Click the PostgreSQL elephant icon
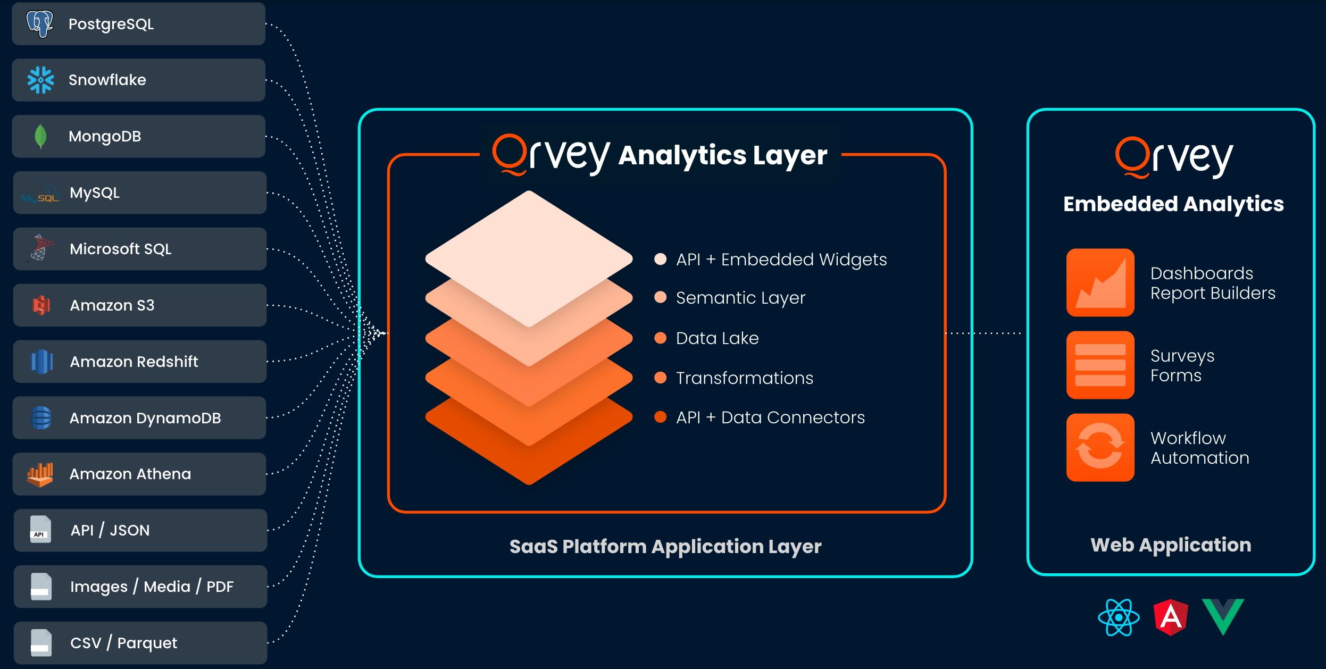(x=40, y=23)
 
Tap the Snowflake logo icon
(x=40, y=80)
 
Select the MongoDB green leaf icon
(x=40, y=136)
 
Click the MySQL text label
(x=95, y=193)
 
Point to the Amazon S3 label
(x=112, y=305)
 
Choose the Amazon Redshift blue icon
(x=41, y=362)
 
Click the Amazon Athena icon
(x=40, y=474)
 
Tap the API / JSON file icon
(x=40, y=530)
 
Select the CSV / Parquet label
(x=123, y=643)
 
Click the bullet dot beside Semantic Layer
(x=660, y=297)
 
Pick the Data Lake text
(x=717, y=338)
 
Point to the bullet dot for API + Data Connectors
(x=660, y=417)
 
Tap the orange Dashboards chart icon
(x=1100, y=282)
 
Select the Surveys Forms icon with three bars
(x=1100, y=365)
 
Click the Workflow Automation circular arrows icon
(x=1100, y=447)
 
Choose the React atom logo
(x=1119, y=617)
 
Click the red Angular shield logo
(x=1171, y=617)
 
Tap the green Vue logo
(x=1223, y=616)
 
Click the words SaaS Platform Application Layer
(x=665, y=547)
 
